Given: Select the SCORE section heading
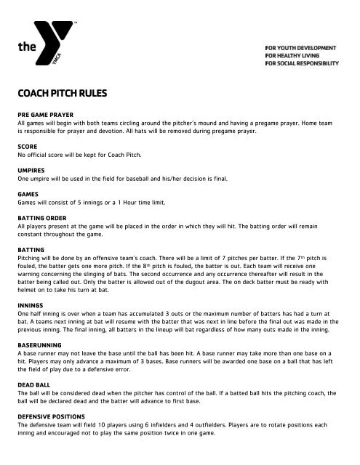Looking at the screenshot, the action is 28,146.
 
